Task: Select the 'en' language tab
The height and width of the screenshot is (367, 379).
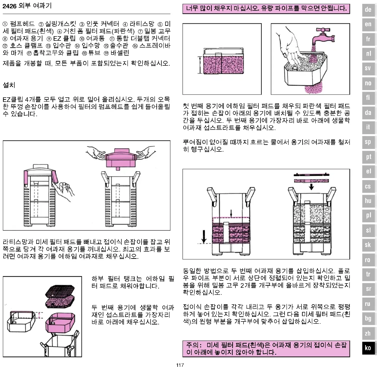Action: point(368,24)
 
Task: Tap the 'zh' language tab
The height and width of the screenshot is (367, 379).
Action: point(368,333)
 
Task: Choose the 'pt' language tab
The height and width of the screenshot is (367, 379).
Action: point(368,157)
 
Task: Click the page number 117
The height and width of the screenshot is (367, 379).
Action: point(180,365)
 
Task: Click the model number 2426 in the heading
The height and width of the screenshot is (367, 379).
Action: point(9,6)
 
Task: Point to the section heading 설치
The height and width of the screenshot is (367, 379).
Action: point(9,85)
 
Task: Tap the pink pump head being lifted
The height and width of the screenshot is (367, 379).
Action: point(121,158)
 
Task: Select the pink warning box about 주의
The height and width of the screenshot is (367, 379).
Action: point(266,348)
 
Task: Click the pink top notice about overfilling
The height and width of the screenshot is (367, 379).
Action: point(266,9)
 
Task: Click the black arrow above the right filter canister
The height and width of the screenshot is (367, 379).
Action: point(312,187)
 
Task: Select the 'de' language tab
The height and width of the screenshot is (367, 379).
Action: point(368,10)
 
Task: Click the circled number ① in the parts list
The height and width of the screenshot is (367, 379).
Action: point(5,24)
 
